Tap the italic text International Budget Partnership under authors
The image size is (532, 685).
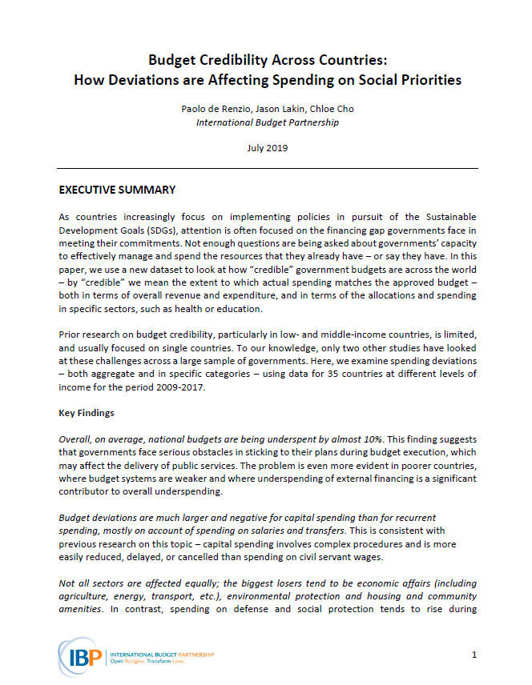[x=268, y=122]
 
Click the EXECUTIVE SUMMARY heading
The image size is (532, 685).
[x=117, y=190]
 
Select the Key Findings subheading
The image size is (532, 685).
[x=87, y=414]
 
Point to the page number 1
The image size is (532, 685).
[x=474, y=655]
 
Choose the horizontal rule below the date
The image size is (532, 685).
[x=268, y=168]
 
